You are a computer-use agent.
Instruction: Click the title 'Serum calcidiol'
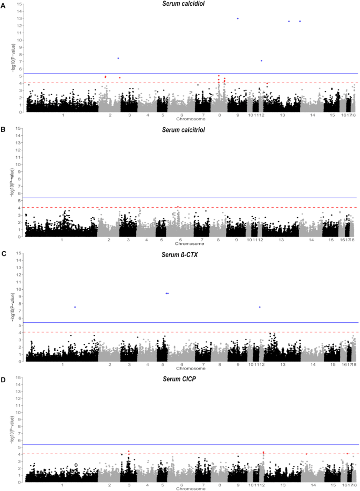pyautogui.click(x=182, y=4)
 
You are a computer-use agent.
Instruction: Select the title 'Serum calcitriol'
pyautogui.click(x=182, y=130)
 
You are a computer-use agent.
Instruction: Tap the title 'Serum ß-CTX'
pyautogui.click(x=182, y=254)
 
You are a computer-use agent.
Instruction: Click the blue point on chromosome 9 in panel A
pyautogui.click(x=238, y=18)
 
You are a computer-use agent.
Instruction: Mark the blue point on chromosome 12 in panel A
pyautogui.click(x=261, y=60)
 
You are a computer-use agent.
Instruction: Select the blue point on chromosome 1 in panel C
pyautogui.click(x=75, y=307)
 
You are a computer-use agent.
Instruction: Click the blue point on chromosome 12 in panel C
pyautogui.click(x=260, y=307)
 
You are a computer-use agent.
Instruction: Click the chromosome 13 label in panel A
pyautogui.click(x=282, y=115)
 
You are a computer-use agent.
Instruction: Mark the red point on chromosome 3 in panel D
pyautogui.click(x=128, y=451)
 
